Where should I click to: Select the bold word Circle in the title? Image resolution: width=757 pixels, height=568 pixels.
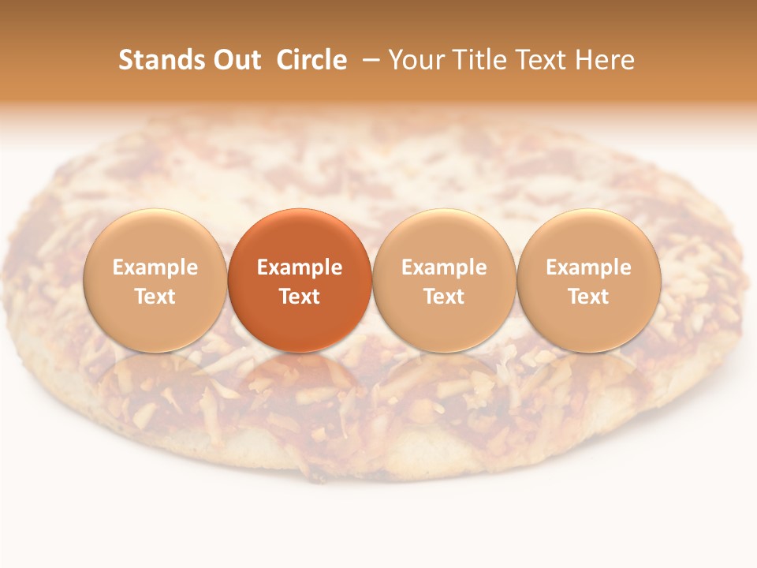[311, 60]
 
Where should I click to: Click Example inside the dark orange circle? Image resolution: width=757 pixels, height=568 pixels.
[300, 268]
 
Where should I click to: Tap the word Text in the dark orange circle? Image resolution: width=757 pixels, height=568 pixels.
[300, 297]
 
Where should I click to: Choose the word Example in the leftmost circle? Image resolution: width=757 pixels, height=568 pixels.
[155, 268]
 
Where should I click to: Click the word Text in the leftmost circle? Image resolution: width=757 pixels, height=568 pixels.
[155, 297]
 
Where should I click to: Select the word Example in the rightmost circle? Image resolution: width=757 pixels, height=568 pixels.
[588, 268]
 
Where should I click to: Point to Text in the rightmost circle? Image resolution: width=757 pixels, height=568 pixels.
[588, 297]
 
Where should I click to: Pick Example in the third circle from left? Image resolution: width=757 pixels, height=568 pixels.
[444, 268]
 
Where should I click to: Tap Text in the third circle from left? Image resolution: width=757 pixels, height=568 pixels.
[444, 297]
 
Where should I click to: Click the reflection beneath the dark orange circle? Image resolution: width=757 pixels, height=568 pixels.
[300, 375]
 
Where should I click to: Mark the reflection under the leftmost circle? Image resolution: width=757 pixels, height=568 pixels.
[155, 375]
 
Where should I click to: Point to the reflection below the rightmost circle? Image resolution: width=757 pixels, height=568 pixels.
[588, 375]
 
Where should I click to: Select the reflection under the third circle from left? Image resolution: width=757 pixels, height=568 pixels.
[444, 375]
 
